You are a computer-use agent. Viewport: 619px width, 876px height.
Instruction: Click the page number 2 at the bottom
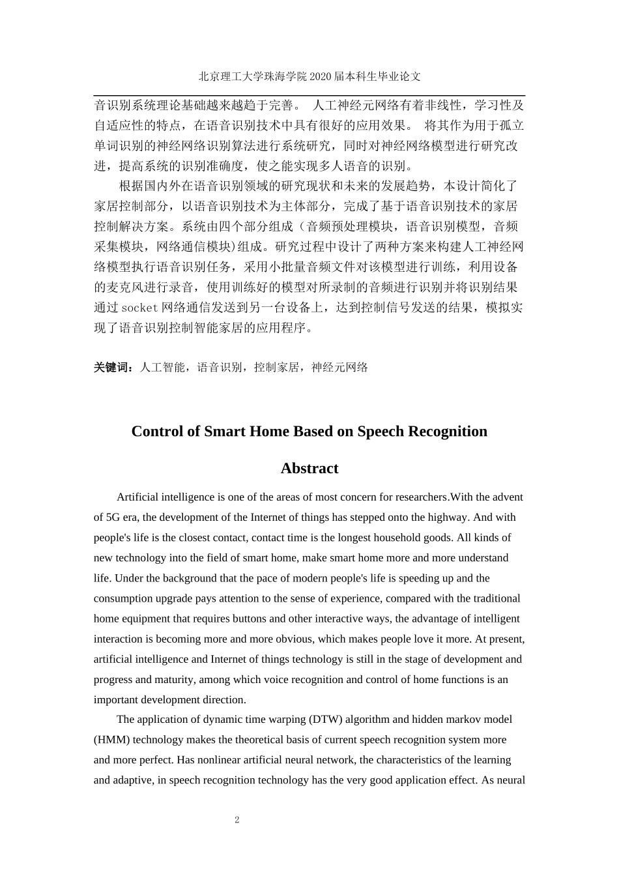tap(237, 820)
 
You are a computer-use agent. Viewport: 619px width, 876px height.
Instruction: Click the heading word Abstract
tap(309, 469)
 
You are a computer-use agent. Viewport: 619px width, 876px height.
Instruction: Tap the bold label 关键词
tap(113, 368)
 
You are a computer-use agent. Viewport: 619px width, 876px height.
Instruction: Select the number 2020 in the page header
tap(321, 76)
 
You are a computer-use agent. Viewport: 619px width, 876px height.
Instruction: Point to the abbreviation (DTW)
tap(326, 720)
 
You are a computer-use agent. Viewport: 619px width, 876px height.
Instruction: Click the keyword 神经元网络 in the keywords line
tap(339, 368)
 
